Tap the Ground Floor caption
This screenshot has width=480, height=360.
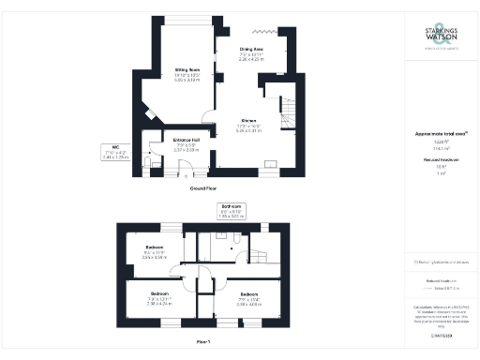coord(204,188)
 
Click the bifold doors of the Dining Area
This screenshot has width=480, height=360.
coord(250,33)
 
